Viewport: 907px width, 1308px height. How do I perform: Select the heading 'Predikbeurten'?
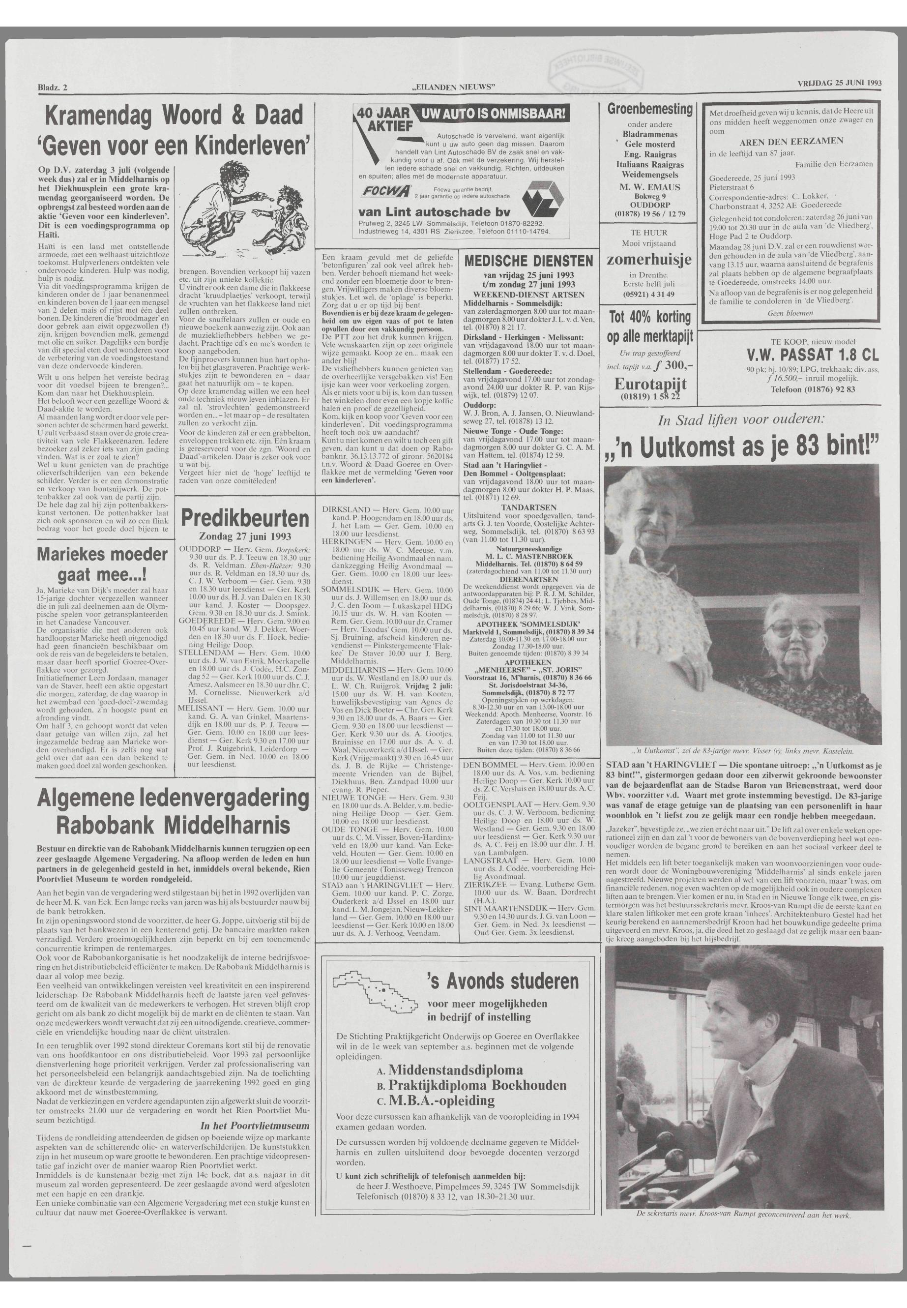245,519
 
